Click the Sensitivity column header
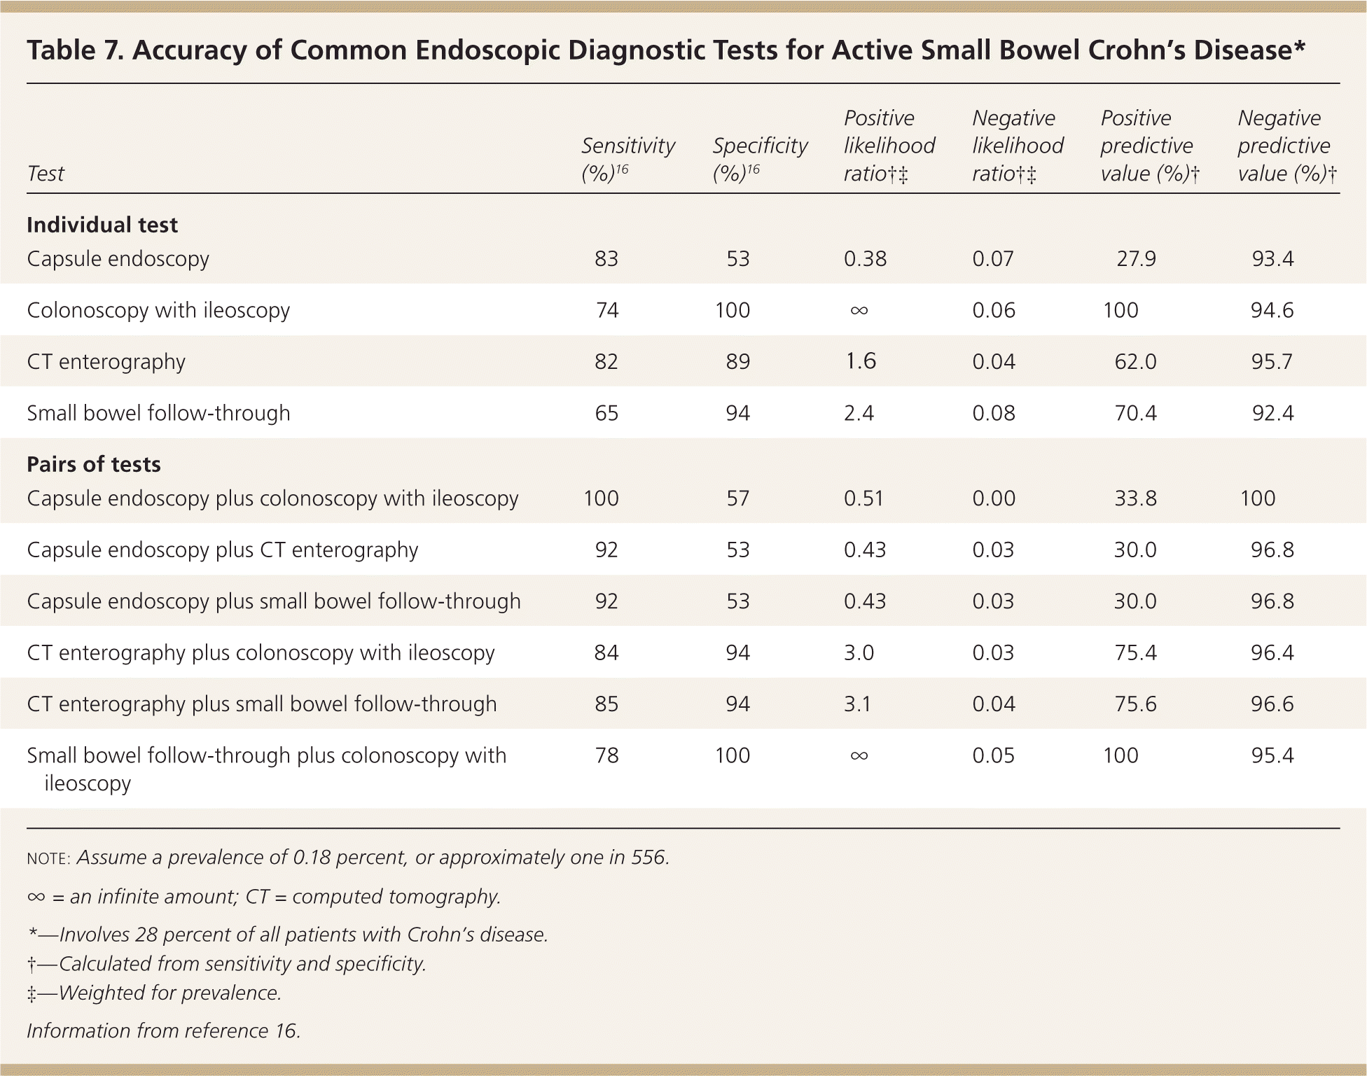click(x=627, y=159)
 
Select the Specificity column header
click(x=760, y=159)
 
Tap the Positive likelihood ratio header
click(x=889, y=146)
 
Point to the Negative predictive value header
click(x=1284, y=146)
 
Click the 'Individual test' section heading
click(x=102, y=225)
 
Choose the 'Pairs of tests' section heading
click(x=94, y=464)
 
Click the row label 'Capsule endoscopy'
click(x=118, y=259)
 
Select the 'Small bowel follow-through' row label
click(x=158, y=413)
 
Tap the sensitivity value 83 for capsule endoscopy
click(x=606, y=259)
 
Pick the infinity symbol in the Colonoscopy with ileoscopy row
click(x=859, y=310)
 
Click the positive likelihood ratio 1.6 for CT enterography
click(x=860, y=361)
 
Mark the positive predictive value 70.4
click(x=1135, y=413)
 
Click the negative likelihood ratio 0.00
click(x=993, y=498)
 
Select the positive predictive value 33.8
click(x=1135, y=498)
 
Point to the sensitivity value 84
click(x=606, y=652)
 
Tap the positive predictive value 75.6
click(x=1135, y=704)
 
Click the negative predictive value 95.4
click(x=1272, y=755)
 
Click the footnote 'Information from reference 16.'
click(x=163, y=1030)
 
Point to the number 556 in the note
click(x=647, y=858)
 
